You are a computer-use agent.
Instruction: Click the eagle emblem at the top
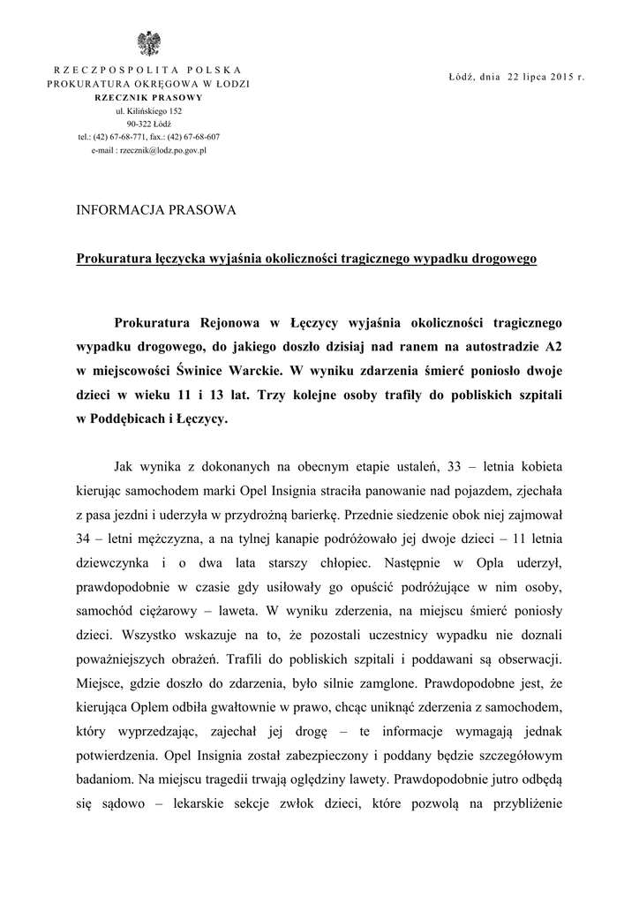click(x=148, y=43)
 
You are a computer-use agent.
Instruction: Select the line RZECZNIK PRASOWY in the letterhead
click(x=148, y=97)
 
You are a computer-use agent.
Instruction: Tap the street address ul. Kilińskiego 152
click(x=148, y=111)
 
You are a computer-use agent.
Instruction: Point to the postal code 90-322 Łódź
click(x=148, y=124)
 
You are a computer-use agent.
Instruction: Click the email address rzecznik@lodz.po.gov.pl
click(x=148, y=151)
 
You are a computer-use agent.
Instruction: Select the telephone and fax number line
click(x=148, y=138)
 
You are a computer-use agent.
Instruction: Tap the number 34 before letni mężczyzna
click(x=87, y=537)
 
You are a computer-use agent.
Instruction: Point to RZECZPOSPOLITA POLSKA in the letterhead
click(x=148, y=70)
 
